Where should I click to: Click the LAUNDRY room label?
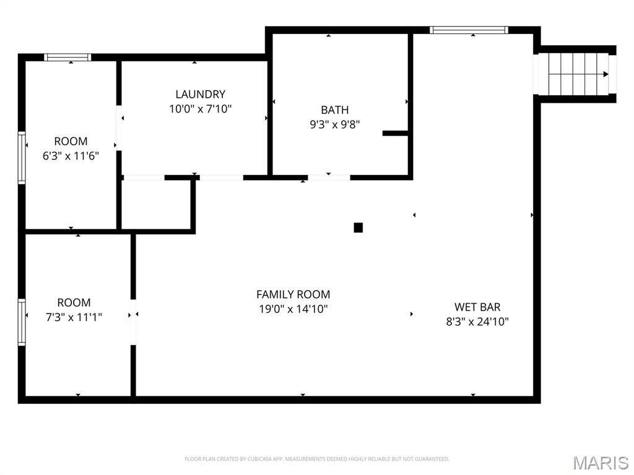coord(200,95)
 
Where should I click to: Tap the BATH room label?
coord(334,110)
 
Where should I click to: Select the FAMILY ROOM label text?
coord(293,294)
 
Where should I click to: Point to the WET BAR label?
coord(477,307)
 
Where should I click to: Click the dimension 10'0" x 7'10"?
coord(200,109)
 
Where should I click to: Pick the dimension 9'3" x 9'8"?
coord(334,124)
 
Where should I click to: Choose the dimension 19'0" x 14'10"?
coord(293,309)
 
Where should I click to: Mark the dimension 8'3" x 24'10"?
coord(477,322)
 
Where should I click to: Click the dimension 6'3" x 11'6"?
coord(71,156)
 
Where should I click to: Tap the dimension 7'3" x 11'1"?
coord(74,317)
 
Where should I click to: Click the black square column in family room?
coord(358,228)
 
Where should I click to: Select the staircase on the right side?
coord(575,74)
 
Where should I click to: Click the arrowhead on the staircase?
coord(606,74)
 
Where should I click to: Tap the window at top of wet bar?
coord(469,30)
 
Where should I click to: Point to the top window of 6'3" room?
coord(68,58)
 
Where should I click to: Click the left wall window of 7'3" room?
coord(22,322)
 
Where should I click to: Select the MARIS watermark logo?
coord(600,463)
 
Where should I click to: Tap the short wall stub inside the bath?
coord(395,133)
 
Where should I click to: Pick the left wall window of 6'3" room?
coord(22,158)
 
